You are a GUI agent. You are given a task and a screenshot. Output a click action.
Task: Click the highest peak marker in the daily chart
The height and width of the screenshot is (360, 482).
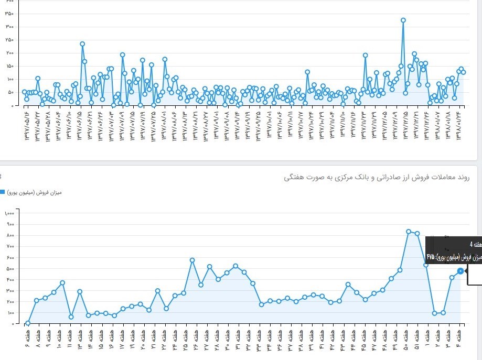click(403, 20)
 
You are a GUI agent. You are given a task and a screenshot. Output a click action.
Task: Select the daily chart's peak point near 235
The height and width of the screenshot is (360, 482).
click(82, 44)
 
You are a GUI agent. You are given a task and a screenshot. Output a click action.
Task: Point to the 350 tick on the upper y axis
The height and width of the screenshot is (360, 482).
click(9, 27)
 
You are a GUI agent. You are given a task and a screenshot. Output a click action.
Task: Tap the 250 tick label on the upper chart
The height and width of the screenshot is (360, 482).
click(9, 40)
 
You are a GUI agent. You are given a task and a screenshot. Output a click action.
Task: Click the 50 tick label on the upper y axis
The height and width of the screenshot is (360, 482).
click(10, 92)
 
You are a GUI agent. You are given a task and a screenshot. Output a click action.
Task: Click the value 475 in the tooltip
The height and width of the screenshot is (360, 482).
click(431, 257)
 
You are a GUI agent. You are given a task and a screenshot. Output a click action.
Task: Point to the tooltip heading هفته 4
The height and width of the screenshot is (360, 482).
click(474, 245)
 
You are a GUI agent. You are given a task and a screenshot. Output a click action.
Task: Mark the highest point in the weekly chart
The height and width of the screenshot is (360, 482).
click(409, 232)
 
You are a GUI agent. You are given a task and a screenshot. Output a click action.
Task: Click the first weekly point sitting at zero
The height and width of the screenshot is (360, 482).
click(28, 323)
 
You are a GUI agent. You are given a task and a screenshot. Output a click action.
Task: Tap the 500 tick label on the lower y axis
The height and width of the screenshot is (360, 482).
click(10, 269)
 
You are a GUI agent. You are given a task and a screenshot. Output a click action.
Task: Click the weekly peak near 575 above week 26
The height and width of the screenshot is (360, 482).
click(192, 260)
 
